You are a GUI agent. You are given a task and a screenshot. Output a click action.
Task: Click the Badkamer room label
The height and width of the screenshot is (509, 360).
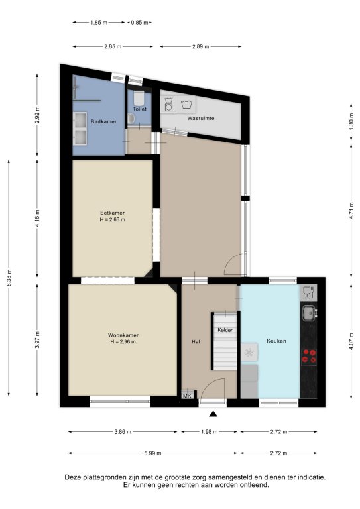tap(103, 121)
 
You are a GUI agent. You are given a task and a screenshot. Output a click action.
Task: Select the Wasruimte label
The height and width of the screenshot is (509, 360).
tap(201, 118)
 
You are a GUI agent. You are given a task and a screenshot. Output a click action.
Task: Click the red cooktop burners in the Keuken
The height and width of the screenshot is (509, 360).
tap(309, 355)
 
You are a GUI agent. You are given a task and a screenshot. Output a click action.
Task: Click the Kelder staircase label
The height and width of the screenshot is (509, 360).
tap(225, 330)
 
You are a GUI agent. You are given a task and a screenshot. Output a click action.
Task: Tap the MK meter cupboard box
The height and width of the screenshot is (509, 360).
tap(187, 396)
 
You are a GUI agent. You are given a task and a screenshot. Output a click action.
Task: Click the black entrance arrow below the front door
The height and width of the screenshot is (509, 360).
tap(213, 414)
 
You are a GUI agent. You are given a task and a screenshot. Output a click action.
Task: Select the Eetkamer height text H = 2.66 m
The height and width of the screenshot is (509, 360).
tap(112, 220)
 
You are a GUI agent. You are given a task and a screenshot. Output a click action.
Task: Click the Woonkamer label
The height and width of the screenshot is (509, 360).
tap(123, 335)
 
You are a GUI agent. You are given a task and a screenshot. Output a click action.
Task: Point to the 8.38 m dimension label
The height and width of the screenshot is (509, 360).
tap(9, 278)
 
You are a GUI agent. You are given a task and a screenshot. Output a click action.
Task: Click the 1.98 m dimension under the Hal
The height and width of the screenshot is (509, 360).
tap(209, 431)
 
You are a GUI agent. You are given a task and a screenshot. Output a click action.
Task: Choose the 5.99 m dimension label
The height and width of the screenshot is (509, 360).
tap(152, 453)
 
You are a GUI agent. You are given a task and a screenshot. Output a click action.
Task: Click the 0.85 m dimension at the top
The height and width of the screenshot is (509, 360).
tap(140, 23)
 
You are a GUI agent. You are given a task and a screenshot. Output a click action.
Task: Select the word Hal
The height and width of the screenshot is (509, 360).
tap(196, 341)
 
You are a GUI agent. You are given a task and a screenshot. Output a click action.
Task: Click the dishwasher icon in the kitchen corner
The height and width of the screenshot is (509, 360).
tap(308, 292)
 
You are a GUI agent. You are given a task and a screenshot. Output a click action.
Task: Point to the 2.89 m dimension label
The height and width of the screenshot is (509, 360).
tap(200, 46)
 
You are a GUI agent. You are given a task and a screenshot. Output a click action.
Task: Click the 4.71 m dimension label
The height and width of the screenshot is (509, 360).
tap(351, 211)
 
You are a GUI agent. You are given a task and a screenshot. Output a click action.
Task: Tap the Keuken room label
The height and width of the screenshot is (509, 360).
tap(276, 341)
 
